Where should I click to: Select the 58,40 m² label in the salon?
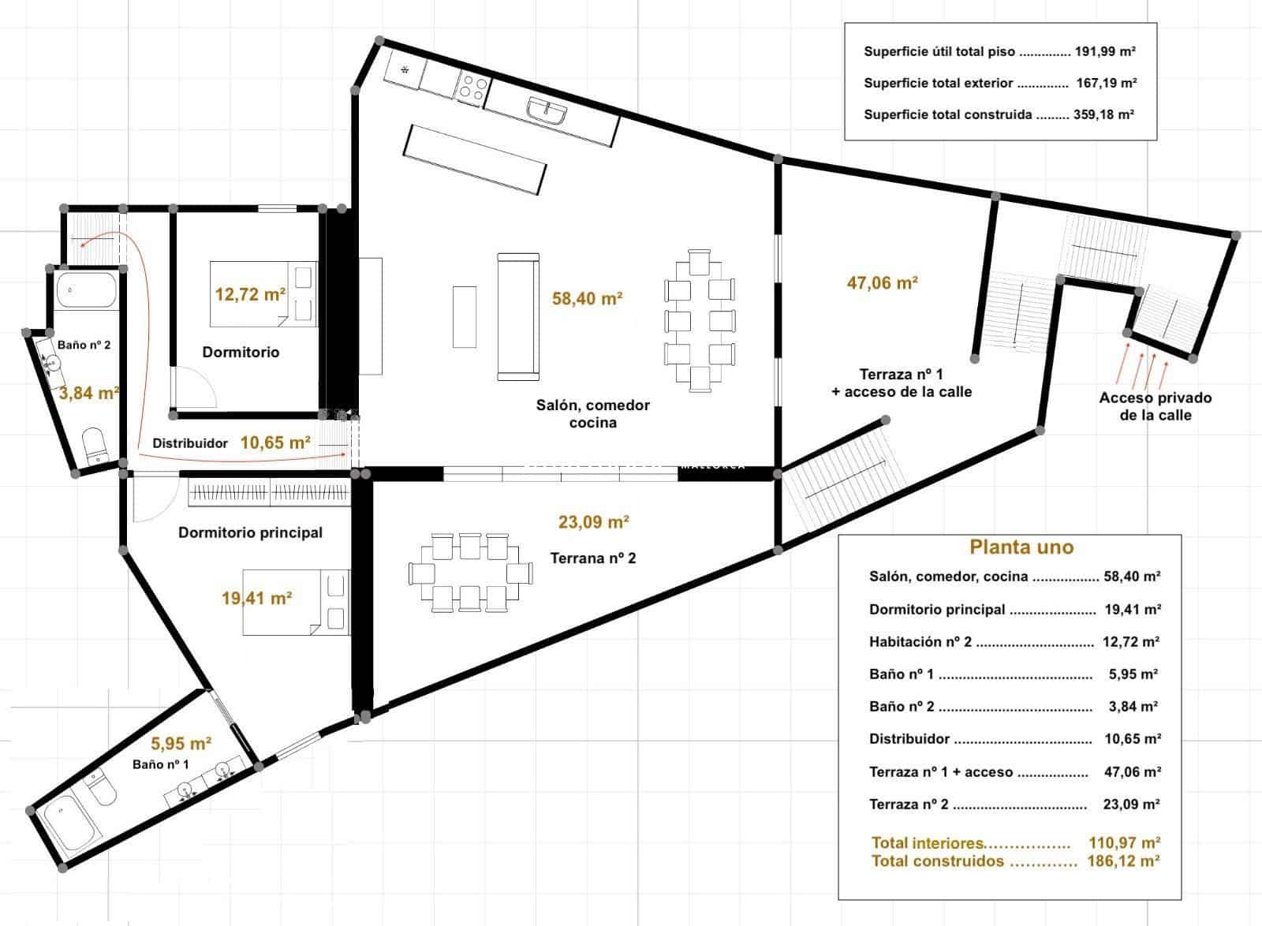(x=588, y=299)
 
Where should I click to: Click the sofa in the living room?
(x=518, y=317)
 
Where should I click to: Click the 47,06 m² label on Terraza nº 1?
(x=883, y=282)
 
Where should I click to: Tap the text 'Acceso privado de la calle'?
(x=1155, y=407)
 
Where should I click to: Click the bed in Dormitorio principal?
(x=296, y=601)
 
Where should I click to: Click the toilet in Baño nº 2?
(x=95, y=446)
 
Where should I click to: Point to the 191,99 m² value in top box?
(x=1105, y=52)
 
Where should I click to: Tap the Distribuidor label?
(x=190, y=443)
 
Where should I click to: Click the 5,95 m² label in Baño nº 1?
(x=181, y=743)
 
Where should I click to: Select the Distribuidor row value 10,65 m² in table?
(x=1132, y=739)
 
